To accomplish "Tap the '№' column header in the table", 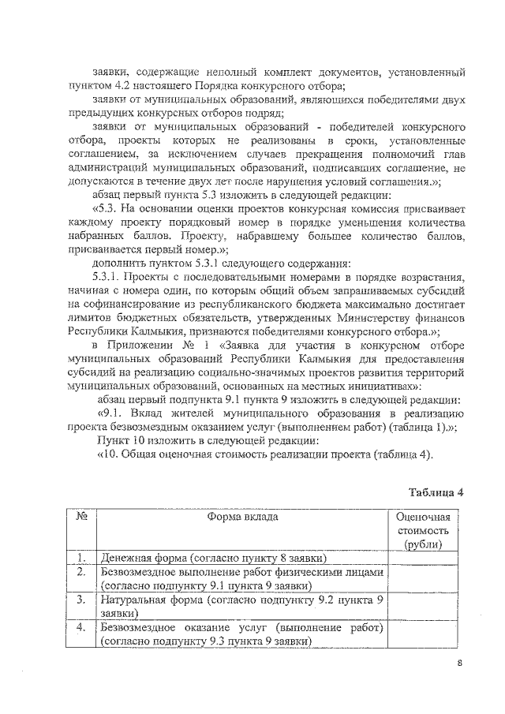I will pos(81,518).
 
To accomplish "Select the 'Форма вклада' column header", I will pos(242,518).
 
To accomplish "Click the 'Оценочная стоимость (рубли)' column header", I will pos(422,531).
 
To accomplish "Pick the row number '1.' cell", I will pos(81,559).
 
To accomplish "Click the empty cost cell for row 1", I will pos(422,559).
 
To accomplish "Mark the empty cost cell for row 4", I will pos(422,634).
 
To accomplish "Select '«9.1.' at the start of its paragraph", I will pos(110,412).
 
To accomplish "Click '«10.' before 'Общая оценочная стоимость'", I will pos(109,454).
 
